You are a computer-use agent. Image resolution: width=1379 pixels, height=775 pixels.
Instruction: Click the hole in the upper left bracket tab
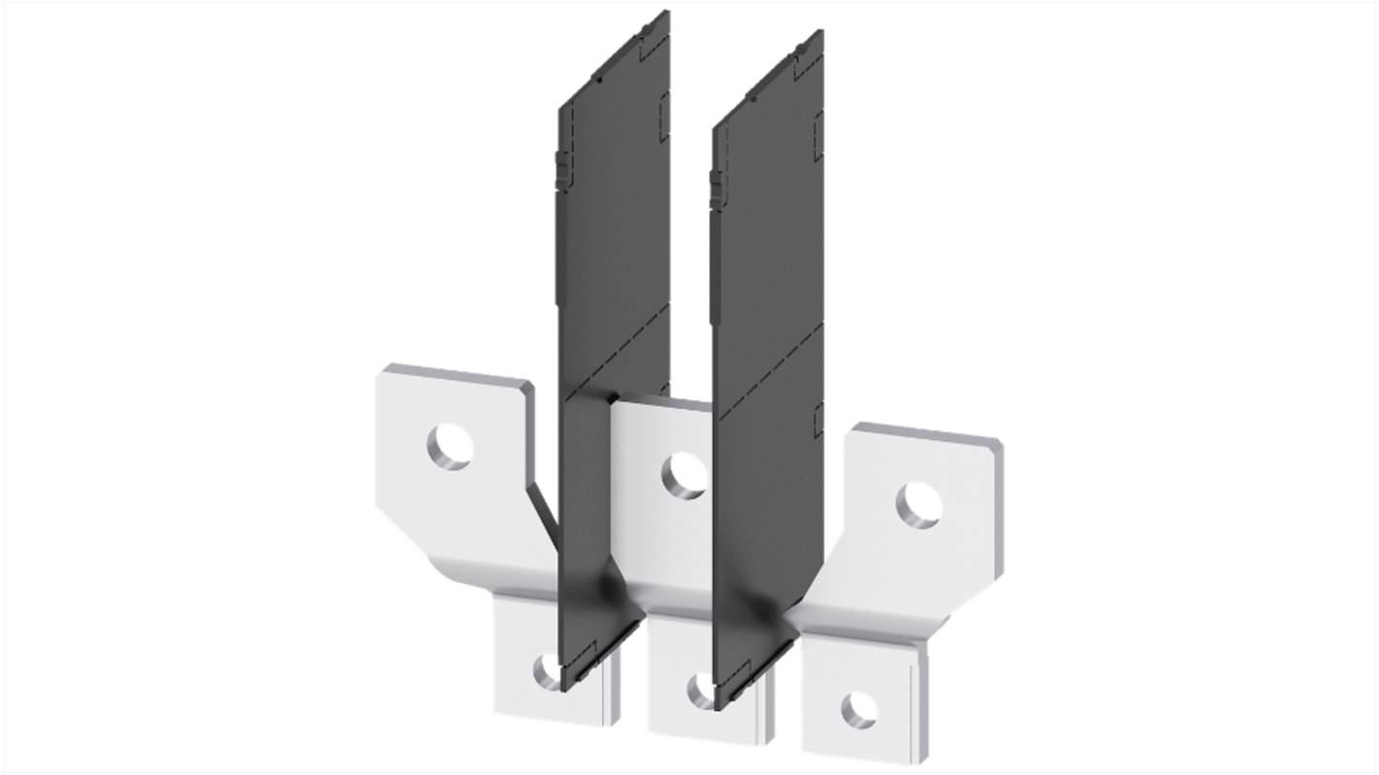click(450, 448)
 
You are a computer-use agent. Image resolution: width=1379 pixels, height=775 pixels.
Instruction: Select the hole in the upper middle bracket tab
click(684, 474)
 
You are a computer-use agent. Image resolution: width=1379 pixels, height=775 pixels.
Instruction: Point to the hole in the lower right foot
click(858, 709)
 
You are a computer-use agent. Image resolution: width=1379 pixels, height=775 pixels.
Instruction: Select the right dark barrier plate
click(767, 272)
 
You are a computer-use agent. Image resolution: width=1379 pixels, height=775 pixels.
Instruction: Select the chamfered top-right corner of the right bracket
click(997, 444)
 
